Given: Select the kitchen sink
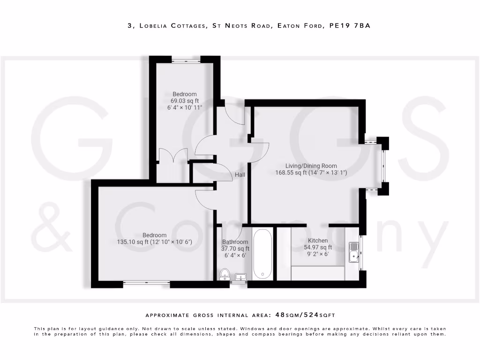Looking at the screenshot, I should pos(354,255).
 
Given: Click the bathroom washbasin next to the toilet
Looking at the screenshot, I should pos(241,277).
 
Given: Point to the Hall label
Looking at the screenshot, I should pos(240,175).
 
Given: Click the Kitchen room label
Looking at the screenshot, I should pos(318,240).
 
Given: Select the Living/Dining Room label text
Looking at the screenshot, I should pos(311,165).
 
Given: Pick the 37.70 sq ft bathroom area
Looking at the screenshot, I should pos(235,249).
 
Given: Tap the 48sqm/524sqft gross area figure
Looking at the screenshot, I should pos(308,315).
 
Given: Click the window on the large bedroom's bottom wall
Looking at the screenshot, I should pos(147,283).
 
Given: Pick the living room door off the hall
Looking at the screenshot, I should pos(259,151).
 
